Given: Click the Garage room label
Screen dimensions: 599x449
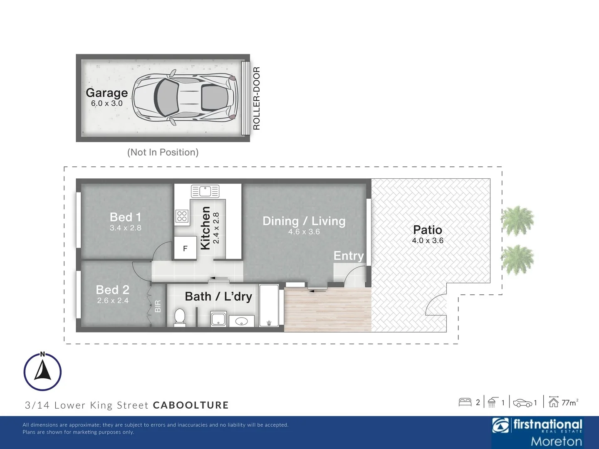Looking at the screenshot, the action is click(107, 93).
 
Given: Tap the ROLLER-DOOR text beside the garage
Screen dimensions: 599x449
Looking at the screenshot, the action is click(257, 99).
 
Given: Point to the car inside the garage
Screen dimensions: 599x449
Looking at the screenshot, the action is click(185, 98).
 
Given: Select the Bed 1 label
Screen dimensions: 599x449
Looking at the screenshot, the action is click(126, 217).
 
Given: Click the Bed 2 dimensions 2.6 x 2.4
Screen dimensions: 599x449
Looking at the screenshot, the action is click(113, 301).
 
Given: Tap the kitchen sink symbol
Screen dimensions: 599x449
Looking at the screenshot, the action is click(205, 191).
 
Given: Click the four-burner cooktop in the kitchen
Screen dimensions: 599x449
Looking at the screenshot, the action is click(182, 216).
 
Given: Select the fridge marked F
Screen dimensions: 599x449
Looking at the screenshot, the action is click(185, 248).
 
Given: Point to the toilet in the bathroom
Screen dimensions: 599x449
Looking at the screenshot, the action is click(180, 317).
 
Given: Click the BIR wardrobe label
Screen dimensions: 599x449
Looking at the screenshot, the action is click(158, 306).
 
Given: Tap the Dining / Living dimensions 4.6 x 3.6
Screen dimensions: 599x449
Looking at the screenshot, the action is click(304, 232).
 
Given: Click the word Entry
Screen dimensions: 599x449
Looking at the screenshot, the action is click(349, 256).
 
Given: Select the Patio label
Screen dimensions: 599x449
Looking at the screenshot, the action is click(428, 230).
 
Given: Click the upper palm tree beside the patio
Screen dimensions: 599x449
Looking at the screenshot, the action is click(517, 220).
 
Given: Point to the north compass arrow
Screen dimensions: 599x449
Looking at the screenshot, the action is click(42, 370).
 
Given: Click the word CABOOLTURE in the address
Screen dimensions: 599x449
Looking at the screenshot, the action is click(191, 405).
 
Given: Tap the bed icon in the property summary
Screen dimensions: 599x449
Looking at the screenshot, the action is click(465, 402).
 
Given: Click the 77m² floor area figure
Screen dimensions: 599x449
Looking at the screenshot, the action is click(570, 403).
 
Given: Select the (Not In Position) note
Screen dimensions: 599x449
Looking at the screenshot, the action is click(163, 152).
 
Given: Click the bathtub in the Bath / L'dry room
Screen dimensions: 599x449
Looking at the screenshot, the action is click(269, 305).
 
